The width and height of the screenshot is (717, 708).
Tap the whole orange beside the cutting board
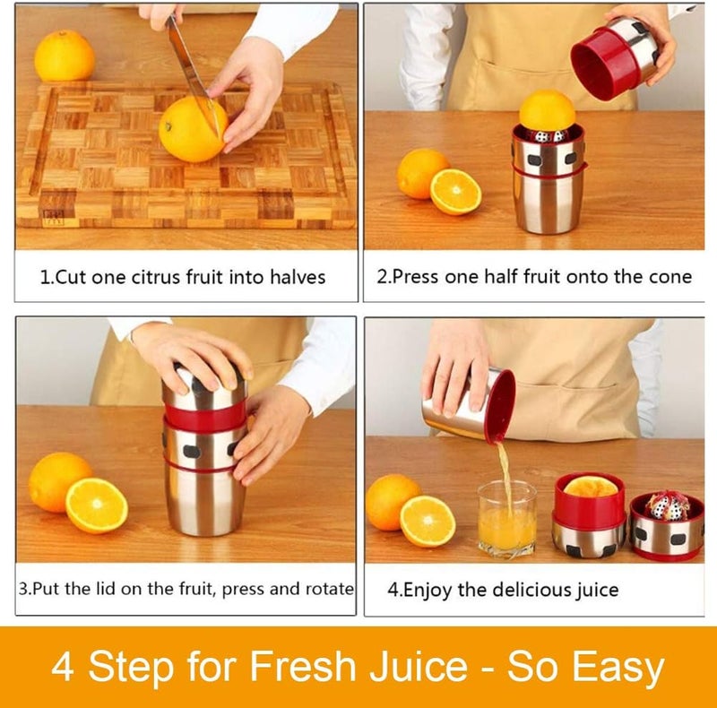65,56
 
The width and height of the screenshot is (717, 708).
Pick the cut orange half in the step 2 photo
455,192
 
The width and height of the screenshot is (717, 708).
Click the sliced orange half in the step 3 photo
96,505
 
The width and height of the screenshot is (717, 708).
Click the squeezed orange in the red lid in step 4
590,487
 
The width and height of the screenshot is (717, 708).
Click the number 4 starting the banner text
63,668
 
